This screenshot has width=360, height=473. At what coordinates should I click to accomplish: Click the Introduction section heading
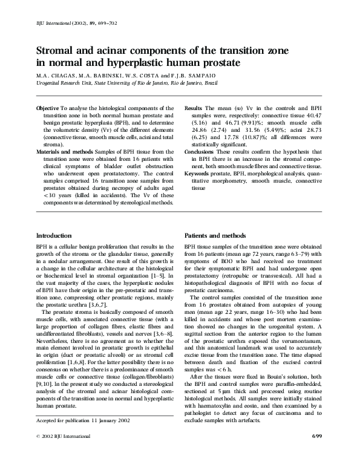point(54,235)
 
